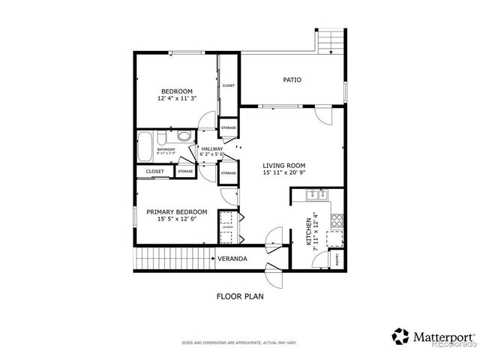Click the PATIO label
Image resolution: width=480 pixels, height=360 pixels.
click(x=292, y=79)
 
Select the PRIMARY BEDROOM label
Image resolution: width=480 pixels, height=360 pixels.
click(x=176, y=211)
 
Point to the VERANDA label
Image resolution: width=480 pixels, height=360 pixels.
click(x=232, y=259)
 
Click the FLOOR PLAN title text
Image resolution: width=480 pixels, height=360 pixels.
click(x=240, y=296)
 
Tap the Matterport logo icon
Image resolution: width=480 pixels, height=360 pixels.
click(x=400, y=334)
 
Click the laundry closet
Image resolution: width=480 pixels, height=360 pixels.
click(x=226, y=227)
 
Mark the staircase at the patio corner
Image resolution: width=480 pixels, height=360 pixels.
click(x=331, y=41)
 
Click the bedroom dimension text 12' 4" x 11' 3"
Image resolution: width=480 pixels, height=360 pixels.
click(x=177, y=98)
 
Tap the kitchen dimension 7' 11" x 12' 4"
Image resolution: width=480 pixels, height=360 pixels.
click(x=316, y=229)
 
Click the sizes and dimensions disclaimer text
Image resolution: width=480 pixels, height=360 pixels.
click(x=239, y=343)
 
